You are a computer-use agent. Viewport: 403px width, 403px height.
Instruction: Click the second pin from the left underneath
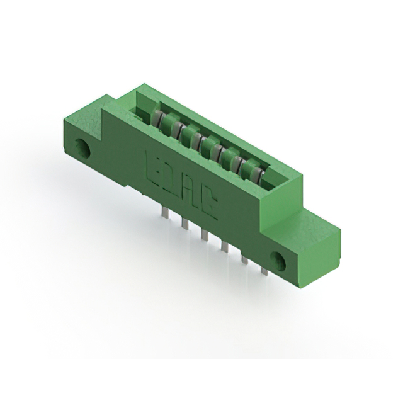pos(184,225)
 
